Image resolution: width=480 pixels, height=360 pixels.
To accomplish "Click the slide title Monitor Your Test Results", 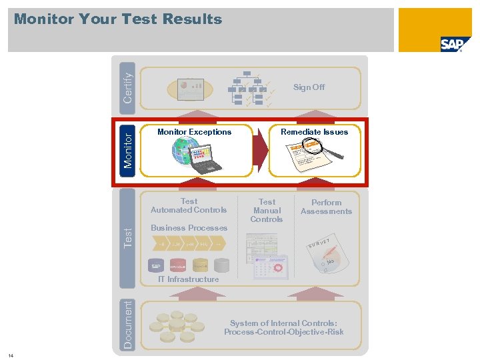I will [118, 19].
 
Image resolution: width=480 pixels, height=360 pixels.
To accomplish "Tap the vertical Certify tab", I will [127, 83].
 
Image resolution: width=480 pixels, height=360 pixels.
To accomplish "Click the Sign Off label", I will [309, 87].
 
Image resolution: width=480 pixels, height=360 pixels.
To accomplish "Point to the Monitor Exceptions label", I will [194, 132].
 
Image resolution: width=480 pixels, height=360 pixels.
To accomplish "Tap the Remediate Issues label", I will [314, 132].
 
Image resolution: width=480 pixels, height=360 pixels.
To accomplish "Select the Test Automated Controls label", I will [189, 205].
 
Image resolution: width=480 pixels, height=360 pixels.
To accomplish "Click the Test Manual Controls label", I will [267, 210].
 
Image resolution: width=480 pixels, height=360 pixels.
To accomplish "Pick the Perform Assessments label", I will [326, 207].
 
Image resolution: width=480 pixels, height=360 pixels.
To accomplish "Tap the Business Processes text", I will [189, 228].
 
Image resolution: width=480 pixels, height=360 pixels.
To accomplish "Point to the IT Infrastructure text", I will [188, 279].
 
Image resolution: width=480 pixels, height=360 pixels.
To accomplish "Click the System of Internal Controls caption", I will [284, 327].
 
